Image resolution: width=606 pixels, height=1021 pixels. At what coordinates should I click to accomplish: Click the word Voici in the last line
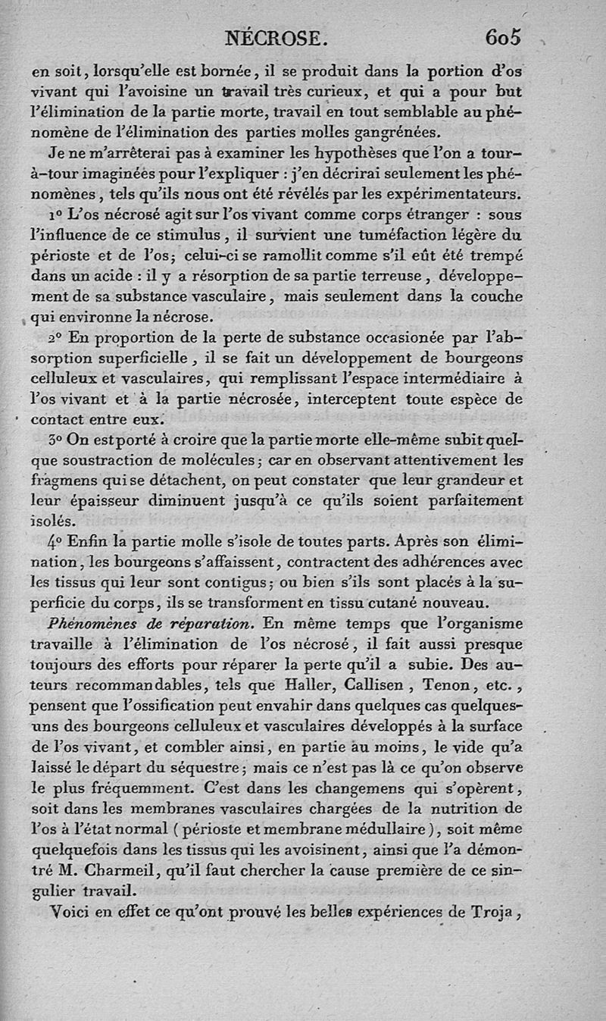70,913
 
